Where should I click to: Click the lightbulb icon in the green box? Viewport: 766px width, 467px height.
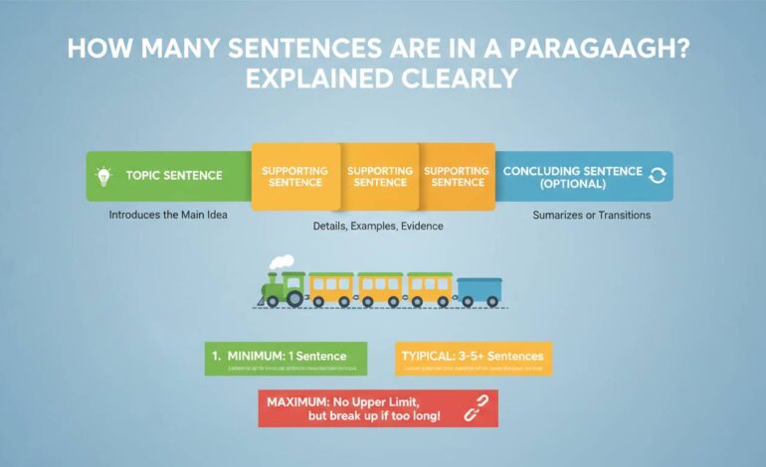coord(103,176)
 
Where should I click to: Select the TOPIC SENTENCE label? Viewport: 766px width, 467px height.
coord(174,176)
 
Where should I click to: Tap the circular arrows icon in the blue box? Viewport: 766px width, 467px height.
coord(657,176)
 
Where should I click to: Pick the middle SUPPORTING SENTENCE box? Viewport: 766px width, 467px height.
coord(379,177)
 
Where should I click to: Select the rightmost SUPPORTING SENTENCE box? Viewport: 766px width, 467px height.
coord(456,177)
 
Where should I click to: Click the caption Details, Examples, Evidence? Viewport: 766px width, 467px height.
coord(377,227)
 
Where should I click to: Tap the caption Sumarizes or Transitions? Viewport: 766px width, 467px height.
coord(591,215)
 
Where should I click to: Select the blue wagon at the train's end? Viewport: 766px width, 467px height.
coord(479,290)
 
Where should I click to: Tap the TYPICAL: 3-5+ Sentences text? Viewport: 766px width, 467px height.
coord(474,355)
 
